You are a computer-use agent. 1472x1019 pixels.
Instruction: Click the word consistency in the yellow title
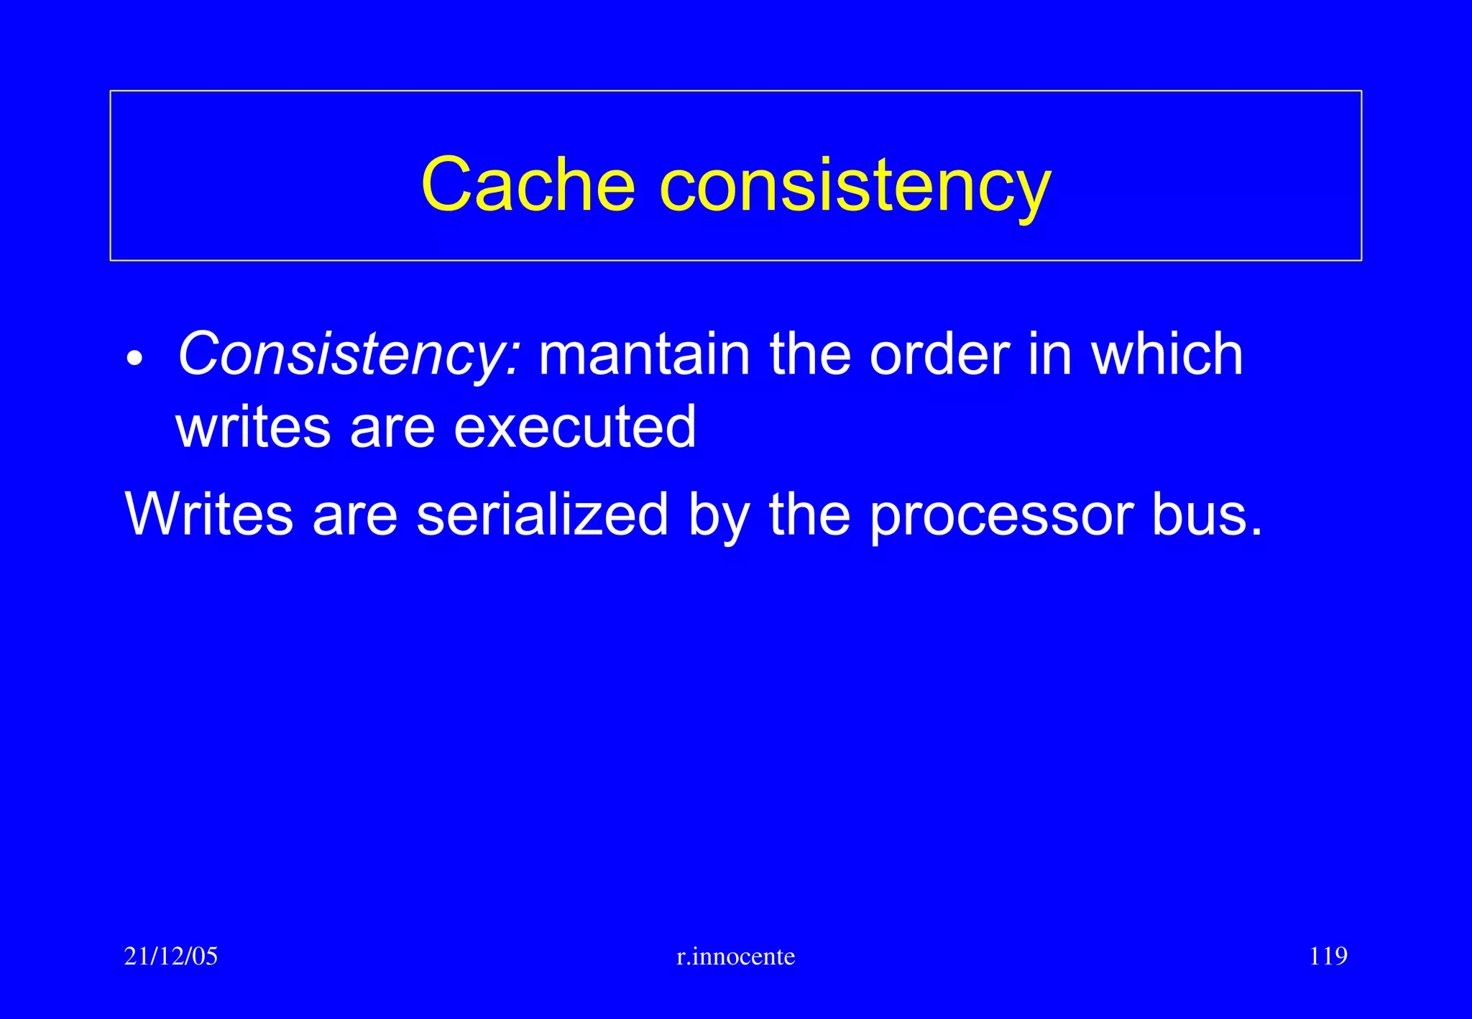click(855, 185)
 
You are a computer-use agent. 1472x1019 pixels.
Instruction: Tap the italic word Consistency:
click(348, 354)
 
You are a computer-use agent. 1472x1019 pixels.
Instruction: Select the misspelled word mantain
click(644, 354)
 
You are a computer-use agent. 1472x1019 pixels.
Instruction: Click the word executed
click(575, 427)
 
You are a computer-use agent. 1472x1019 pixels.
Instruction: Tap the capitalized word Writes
click(209, 515)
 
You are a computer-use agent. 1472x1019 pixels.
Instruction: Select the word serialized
click(543, 515)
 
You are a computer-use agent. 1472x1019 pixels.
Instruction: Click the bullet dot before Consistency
click(134, 358)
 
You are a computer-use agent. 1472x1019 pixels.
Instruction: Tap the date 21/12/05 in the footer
click(171, 956)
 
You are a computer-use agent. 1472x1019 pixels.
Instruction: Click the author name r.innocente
click(736, 956)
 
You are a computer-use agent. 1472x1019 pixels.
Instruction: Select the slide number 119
click(1328, 956)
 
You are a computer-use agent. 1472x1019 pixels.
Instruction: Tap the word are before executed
click(392, 428)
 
